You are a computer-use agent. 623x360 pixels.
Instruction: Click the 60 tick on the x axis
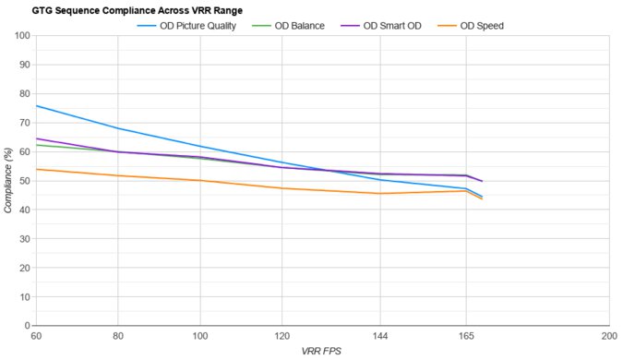pos(36,337)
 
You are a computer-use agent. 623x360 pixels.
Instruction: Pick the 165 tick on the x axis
pos(466,337)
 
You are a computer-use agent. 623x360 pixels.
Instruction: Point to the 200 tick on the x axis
pos(608,337)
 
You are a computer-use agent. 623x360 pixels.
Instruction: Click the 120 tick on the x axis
pos(282,337)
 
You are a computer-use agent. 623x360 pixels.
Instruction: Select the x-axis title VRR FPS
pos(322,352)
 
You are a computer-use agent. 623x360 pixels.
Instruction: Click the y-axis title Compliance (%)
pos(8,181)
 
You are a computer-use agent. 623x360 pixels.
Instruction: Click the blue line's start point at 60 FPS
pos(36,105)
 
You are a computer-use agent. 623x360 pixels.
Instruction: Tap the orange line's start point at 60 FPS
pos(36,169)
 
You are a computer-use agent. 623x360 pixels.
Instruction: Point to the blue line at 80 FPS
pos(118,128)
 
